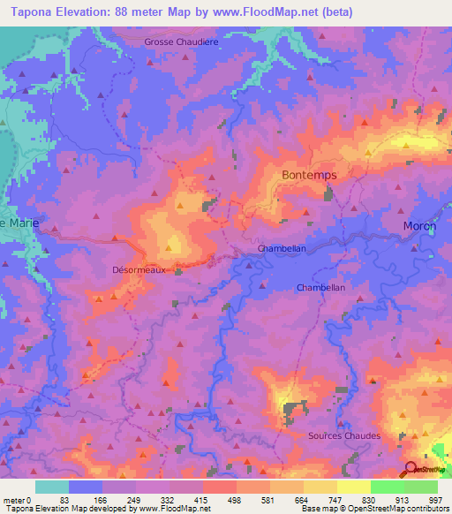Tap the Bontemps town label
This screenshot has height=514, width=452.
[309, 175]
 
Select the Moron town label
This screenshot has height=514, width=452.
[419, 226]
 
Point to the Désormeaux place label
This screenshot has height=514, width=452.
[139, 271]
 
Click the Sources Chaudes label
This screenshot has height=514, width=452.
[344, 436]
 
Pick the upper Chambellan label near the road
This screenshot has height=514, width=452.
[282, 249]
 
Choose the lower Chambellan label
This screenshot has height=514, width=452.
[320, 288]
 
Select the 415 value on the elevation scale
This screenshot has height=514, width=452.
[202, 500]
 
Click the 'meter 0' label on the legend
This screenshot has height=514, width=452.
[18, 500]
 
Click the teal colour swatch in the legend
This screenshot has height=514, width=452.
[51, 487]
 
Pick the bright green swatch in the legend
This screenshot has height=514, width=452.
[387, 487]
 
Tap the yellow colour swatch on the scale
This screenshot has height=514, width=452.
[353, 487]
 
